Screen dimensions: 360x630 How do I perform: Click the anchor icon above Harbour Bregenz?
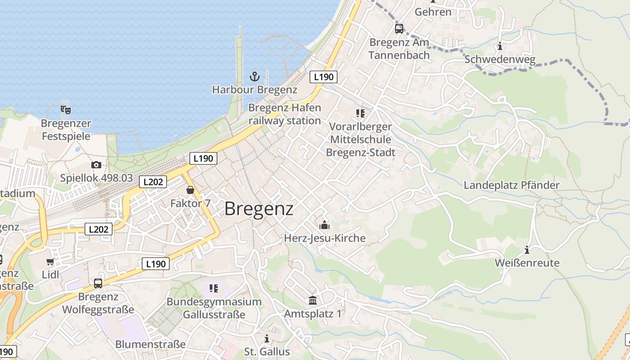pyautogui.click(x=255, y=76)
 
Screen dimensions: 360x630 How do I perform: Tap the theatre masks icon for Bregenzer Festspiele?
pyautogui.click(x=66, y=109)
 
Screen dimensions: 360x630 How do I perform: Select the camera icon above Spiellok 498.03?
pyautogui.click(x=96, y=165)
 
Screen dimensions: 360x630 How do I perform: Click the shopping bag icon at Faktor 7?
pyautogui.click(x=190, y=190)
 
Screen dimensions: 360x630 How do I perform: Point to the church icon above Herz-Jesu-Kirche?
pyautogui.click(x=324, y=225)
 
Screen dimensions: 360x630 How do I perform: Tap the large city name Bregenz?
pyautogui.click(x=259, y=209)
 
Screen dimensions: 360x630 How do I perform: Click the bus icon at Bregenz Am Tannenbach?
pyautogui.click(x=399, y=29)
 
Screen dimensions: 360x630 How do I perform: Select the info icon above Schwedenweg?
pyautogui.click(x=500, y=46)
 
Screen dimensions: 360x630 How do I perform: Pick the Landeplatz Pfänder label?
pyautogui.click(x=512, y=185)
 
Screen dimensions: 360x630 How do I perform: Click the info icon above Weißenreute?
pyautogui.click(x=527, y=250)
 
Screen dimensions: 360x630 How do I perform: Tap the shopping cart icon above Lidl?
pyautogui.click(x=50, y=261)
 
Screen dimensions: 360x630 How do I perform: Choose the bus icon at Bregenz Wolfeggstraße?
pyautogui.click(x=98, y=283)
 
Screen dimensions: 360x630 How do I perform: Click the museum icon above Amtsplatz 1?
pyautogui.click(x=313, y=300)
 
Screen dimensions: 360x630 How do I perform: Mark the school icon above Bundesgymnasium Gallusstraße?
pyautogui.click(x=214, y=288)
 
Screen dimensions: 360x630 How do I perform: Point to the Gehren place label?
pyautogui.click(x=433, y=12)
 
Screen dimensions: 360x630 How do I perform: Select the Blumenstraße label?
pyautogui.click(x=150, y=344)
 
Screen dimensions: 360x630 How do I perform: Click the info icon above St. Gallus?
pyautogui.click(x=267, y=338)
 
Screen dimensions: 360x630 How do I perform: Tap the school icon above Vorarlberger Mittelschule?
pyautogui.click(x=360, y=113)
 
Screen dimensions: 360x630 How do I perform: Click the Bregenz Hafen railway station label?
pyautogui.click(x=285, y=114)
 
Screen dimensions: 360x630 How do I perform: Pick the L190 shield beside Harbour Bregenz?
pyautogui.click(x=324, y=77)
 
